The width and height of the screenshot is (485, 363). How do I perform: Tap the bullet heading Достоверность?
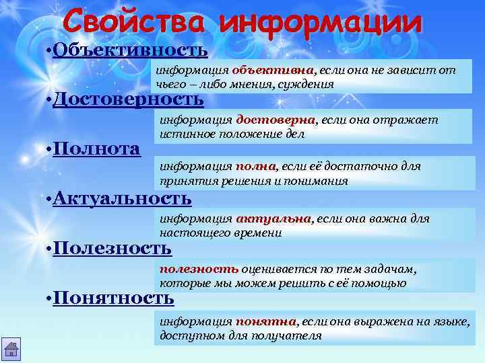[x=128, y=99]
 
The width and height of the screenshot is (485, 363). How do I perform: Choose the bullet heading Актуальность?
[x=122, y=198]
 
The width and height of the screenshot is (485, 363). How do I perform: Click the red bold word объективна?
[x=273, y=70]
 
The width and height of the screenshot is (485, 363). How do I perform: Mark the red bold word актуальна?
[x=273, y=218]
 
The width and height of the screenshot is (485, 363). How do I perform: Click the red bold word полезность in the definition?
[x=199, y=268]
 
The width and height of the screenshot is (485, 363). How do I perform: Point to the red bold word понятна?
[x=265, y=321]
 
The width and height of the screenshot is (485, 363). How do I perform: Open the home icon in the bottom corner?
[x=12, y=350]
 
